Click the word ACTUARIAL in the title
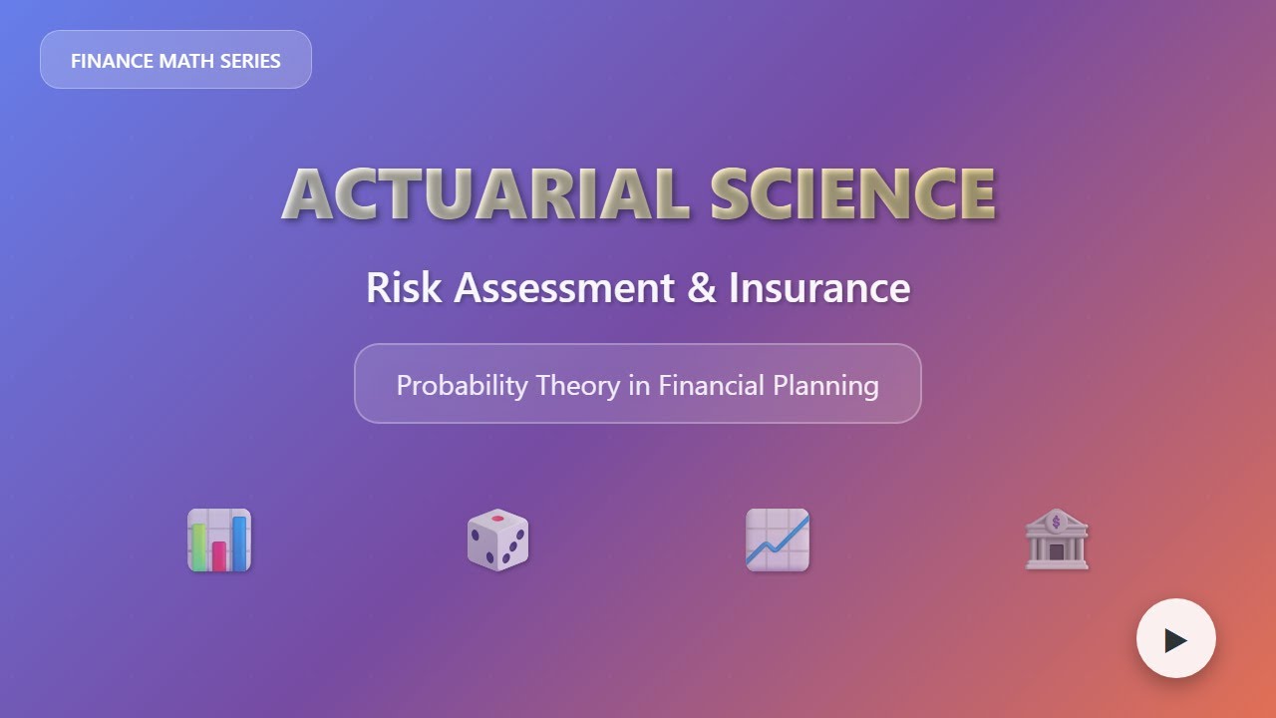pyautogui.click(x=485, y=194)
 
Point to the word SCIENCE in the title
pyautogui.click(x=853, y=194)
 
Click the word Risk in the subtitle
pyautogui.click(x=404, y=288)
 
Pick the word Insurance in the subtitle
pyautogui.click(x=819, y=288)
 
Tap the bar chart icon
pyautogui.click(x=219, y=540)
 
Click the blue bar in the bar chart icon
pyautogui.click(x=240, y=542)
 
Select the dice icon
pyautogui.click(x=497, y=540)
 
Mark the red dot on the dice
pyautogui.click(x=498, y=520)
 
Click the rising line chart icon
pyautogui.click(x=778, y=540)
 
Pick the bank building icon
pyautogui.click(x=1057, y=540)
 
